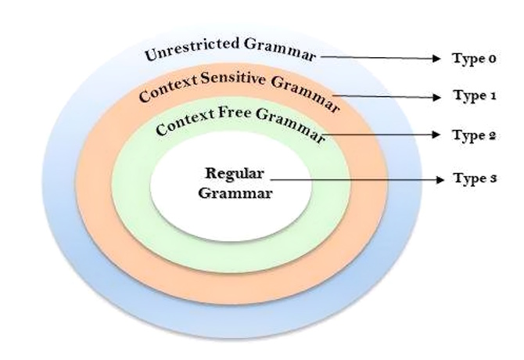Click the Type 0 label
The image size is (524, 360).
pos(474,59)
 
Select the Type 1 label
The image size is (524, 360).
pos(475,96)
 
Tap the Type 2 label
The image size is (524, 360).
pos(474,135)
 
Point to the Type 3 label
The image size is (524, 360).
pos(475,178)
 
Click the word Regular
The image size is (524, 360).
pos(235,174)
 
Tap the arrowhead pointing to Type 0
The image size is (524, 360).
pos(436,59)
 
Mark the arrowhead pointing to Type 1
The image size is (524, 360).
pos(436,97)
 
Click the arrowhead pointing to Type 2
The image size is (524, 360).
pos(436,135)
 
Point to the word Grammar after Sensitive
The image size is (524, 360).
pos(305,93)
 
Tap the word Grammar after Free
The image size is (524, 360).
pos(290,126)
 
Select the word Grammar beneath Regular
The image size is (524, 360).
pos(235,193)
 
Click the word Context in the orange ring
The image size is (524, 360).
pos(169,89)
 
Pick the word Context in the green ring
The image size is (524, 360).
pos(185,122)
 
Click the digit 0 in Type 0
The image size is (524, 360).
pos(492,59)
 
